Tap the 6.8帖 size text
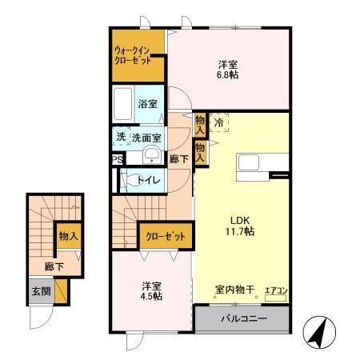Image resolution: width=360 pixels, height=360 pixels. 227,76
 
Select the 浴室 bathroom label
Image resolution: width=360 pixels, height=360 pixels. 147,104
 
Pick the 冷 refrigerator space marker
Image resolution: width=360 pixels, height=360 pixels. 218,123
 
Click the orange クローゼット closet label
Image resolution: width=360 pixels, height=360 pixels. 166,237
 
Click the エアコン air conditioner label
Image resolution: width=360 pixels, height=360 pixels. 275,290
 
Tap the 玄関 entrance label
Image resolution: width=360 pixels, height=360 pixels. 41,291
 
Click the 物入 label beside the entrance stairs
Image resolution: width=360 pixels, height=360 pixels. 68,236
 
